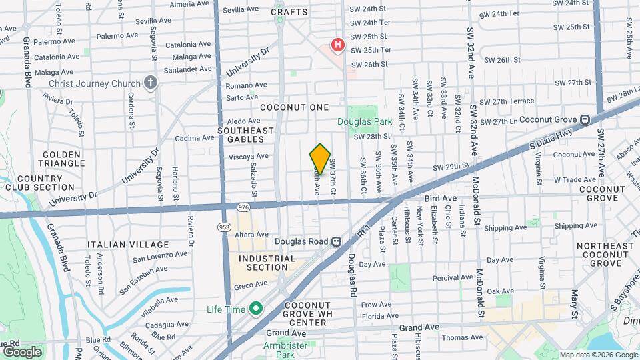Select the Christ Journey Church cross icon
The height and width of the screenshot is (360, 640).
tap(151, 83)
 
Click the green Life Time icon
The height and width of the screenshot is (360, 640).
tap(255, 309)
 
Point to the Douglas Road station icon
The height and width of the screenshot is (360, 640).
tap(337, 241)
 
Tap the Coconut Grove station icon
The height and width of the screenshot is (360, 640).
tap(584, 120)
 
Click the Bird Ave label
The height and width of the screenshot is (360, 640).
tap(441, 199)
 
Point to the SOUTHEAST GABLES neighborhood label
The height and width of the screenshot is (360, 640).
tap(246, 135)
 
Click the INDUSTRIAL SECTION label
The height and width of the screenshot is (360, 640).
tap(267, 263)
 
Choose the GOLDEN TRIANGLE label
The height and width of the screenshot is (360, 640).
tap(63, 159)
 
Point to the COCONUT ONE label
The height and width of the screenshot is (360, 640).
tap(294, 107)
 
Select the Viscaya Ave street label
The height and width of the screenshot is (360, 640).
tap(249, 156)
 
